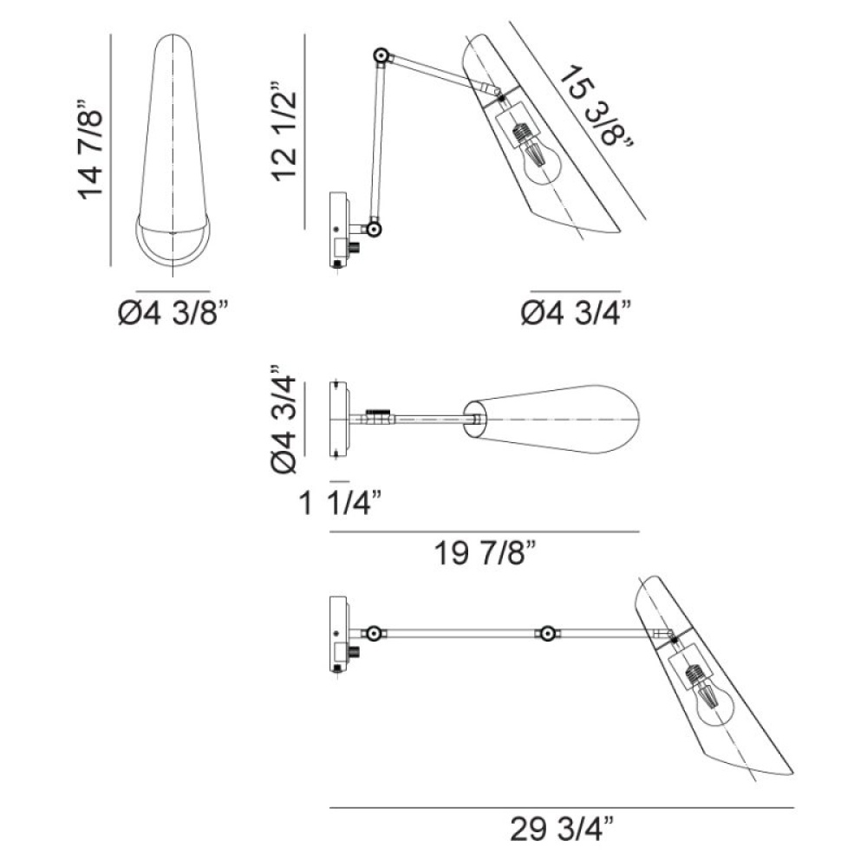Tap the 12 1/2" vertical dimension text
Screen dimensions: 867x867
click(284, 132)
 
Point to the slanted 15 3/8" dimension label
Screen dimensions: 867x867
click(596, 107)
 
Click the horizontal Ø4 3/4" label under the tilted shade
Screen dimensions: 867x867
click(577, 313)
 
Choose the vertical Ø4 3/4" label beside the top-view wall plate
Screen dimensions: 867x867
click(284, 419)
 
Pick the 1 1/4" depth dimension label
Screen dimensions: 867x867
click(340, 503)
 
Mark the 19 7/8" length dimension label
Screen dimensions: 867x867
click(485, 552)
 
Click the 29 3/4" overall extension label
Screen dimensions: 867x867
click(562, 829)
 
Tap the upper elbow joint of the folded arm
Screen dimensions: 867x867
click(381, 55)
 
